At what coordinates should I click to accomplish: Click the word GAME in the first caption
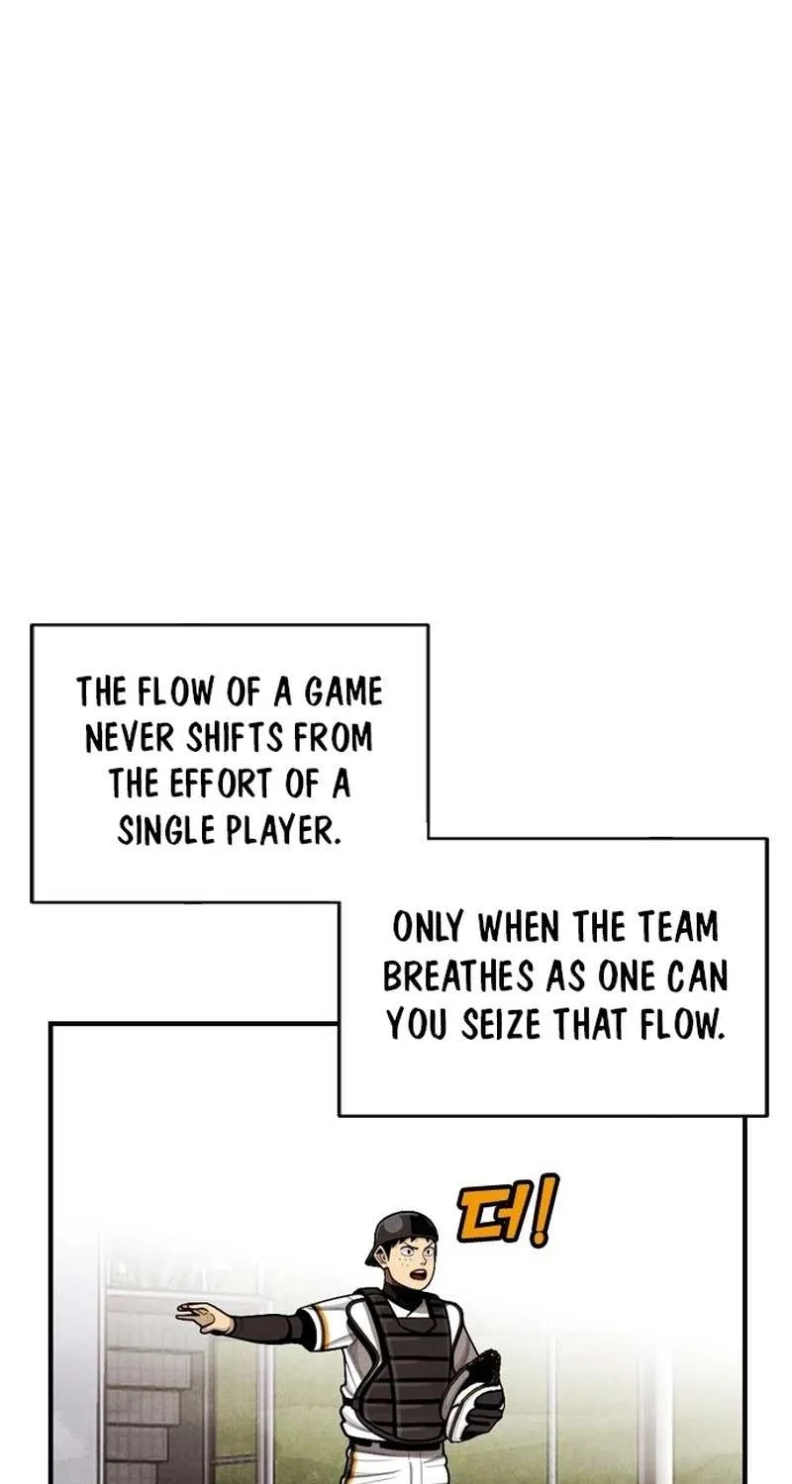pyautogui.click(x=344, y=692)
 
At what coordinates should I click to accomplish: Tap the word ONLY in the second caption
pyautogui.click(x=428, y=928)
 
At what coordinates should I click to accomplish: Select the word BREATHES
pyautogui.click(x=458, y=976)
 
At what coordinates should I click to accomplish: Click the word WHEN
pyautogui.click(x=519, y=928)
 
